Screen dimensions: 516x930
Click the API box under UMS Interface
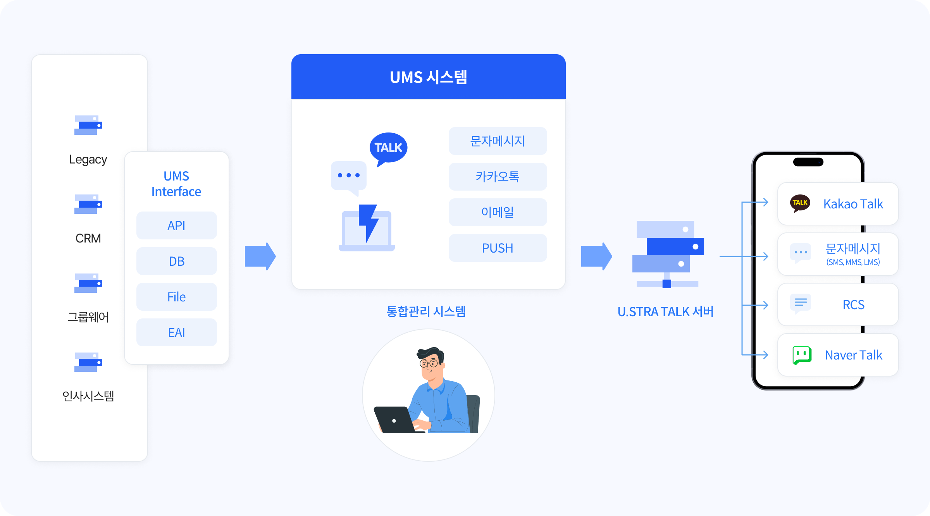(176, 225)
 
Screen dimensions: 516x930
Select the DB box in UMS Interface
(176, 261)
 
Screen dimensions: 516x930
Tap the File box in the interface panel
(176, 297)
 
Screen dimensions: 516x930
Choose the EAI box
(176, 332)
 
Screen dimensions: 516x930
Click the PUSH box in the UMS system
(498, 248)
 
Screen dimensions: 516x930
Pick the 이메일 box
(498, 212)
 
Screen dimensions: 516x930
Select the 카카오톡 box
(498, 177)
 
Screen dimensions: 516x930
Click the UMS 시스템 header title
(428, 77)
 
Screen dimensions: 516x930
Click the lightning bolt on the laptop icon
(368, 222)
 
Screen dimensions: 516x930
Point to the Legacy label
(88, 159)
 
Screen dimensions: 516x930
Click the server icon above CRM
(88, 204)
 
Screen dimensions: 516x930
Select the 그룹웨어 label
(88, 317)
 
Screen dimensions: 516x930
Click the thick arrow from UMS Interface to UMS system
(260, 256)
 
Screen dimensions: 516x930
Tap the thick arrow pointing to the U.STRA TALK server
(596, 256)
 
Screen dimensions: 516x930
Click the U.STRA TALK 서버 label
(665, 311)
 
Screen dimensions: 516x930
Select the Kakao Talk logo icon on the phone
(800, 203)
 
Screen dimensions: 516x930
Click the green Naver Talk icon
(802, 355)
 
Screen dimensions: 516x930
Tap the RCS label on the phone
(853, 305)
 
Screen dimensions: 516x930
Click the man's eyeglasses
(429, 363)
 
